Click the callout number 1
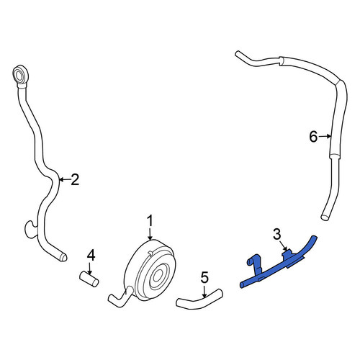(150, 221)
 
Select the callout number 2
(75, 180)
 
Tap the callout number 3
(277, 234)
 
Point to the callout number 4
(91, 256)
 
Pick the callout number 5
(204, 278)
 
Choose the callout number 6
(313, 137)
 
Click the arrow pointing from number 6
(325, 137)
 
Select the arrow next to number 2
(65, 179)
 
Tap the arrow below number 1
(150, 234)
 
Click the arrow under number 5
(204, 292)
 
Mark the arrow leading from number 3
(283, 246)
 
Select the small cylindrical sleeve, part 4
(89, 279)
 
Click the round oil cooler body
(150, 270)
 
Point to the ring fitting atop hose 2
(20, 73)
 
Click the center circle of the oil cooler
(157, 276)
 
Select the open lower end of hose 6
(324, 217)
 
